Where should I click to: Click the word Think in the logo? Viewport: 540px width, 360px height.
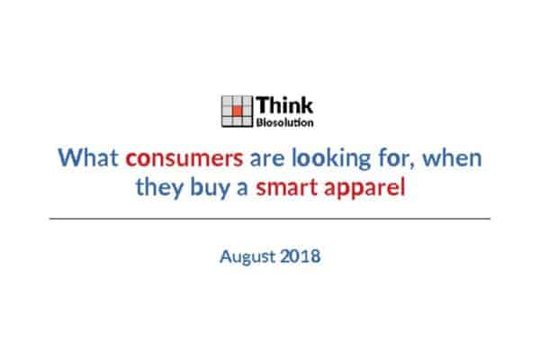coord(284,104)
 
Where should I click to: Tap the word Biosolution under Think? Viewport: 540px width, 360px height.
coord(284,122)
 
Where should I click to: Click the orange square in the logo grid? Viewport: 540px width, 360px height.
coord(238,111)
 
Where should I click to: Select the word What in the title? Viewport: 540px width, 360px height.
coord(88,157)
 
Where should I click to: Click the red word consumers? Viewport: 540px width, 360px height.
coord(184,158)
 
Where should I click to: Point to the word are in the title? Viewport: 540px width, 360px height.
coord(267,158)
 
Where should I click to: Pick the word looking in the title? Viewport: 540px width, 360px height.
coord(331,158)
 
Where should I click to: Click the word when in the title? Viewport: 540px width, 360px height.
coord(452,157)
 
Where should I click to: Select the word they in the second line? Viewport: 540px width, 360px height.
coord(159,188)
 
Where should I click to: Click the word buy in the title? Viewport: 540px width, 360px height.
coord(210,188)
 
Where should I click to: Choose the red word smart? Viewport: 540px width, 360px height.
coord(286,188)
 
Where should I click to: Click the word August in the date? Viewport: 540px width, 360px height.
coord(248,257)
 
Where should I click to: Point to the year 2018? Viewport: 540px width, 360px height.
coord(301,256)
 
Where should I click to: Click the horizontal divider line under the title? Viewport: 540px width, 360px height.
coord(270,219)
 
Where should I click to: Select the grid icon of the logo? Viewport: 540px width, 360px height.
coord(237,112)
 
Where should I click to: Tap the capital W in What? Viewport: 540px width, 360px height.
coord(70,157)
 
